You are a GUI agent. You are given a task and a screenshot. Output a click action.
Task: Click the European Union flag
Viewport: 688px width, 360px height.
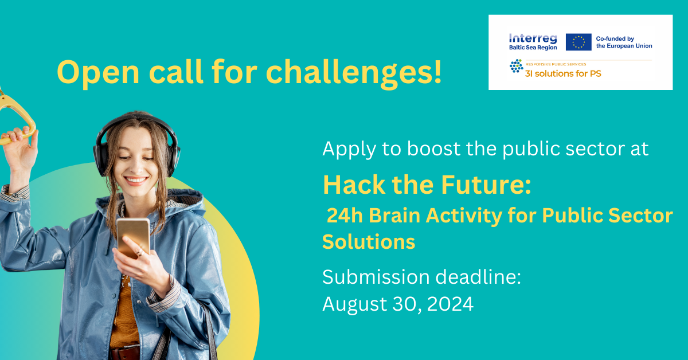[x=578, y=42]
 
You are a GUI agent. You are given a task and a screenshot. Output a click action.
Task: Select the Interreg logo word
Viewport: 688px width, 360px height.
[x=533, y=39]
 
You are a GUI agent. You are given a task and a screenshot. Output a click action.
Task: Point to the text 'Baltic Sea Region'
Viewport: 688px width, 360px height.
[x=533, y=48]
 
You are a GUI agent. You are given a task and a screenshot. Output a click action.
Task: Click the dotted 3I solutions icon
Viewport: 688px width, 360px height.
[x=517, y=66]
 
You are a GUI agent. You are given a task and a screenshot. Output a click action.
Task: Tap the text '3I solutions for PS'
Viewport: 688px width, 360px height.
[x=563, y=74]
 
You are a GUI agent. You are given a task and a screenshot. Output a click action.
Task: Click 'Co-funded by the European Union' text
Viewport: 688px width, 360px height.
[x=624, y=42]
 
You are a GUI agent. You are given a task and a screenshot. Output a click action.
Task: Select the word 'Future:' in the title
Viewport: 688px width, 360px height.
[x=486, y=185]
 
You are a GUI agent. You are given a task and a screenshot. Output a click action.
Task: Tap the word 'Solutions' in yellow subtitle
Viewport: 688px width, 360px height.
[x=369, y=242]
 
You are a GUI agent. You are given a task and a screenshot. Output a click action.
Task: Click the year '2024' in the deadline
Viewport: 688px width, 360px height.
[x=450, y=304]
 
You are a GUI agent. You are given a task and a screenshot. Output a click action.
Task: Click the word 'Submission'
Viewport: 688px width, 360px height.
[x=376, y=277]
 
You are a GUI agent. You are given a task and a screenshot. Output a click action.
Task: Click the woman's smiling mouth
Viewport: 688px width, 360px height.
[x=135, y=180]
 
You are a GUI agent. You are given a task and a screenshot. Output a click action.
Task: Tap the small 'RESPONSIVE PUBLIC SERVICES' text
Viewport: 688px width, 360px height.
[x=556, y=65]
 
